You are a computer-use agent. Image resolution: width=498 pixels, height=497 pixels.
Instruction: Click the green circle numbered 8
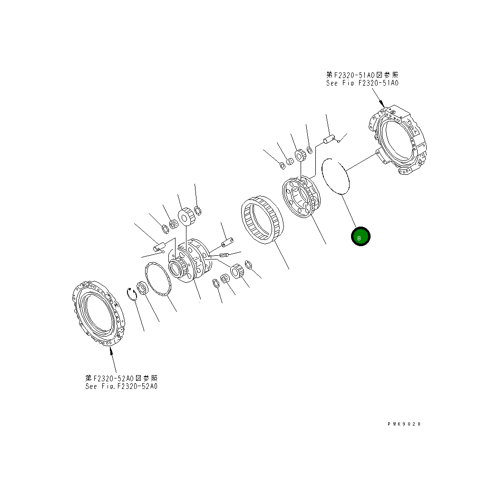(x=361, y=237)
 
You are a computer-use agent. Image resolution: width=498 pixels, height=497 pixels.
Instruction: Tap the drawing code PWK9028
(x=404, y=424)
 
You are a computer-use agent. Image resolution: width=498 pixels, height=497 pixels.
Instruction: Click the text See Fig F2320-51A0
(x=362, y=83)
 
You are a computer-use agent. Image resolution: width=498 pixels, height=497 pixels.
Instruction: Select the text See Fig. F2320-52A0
(x=121, y=386)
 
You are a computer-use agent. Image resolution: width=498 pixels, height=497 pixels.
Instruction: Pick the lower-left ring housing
(x=98, y=313)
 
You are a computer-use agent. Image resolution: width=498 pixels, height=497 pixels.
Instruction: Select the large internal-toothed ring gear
(x=263, y=220)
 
